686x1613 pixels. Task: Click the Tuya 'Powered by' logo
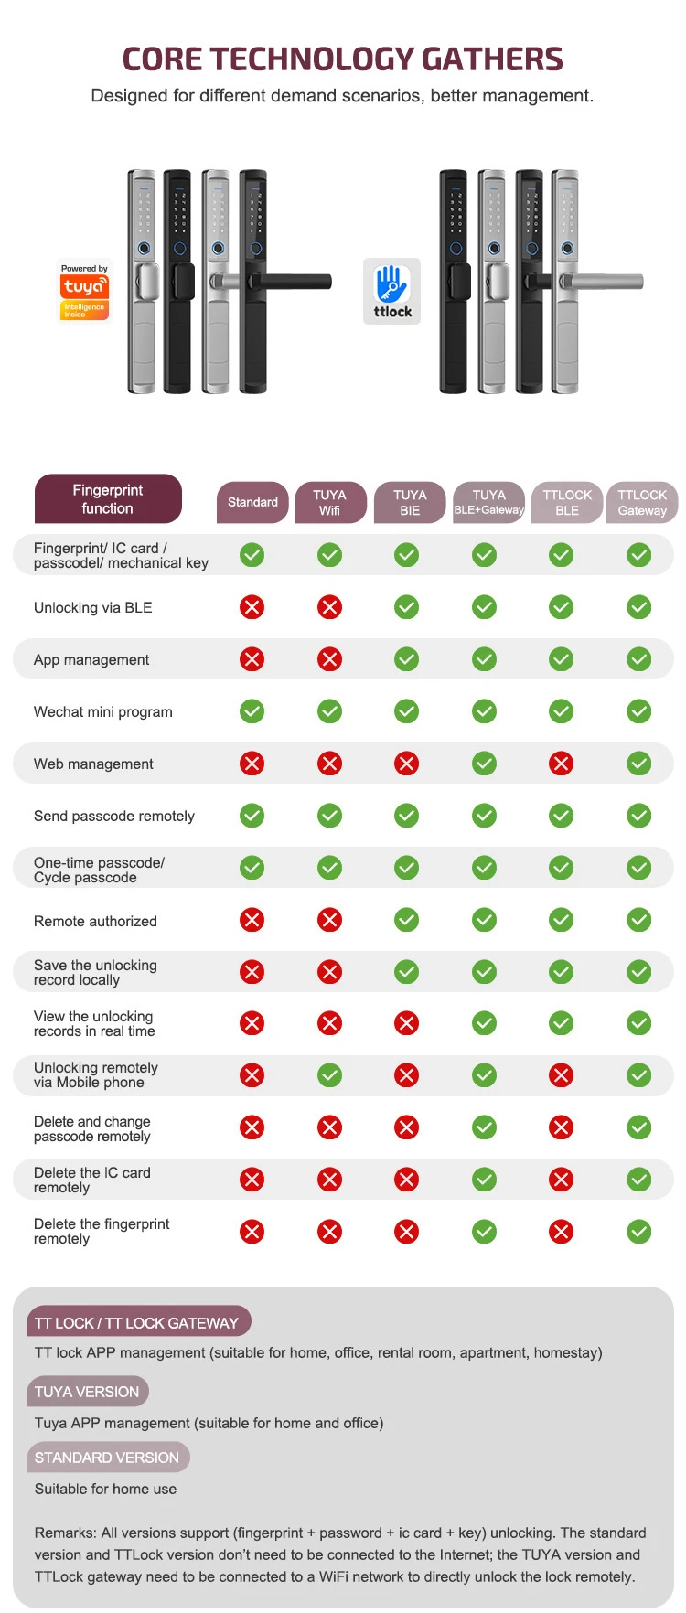coord(84,291)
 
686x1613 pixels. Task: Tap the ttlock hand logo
coord(392,291)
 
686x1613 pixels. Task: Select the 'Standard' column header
coord(252,502)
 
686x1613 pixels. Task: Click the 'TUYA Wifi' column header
coord(330,502)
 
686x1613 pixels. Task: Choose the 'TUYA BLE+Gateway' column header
coord(488,502)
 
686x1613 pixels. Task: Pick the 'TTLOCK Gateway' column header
coord(642,502)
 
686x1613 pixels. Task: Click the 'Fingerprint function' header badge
coord(108,499)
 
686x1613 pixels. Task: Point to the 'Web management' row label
coord(93,764)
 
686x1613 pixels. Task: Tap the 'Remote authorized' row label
coord(95,921)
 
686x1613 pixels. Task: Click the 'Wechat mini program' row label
coord(102,711)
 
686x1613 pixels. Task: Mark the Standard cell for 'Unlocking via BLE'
coord(252,607)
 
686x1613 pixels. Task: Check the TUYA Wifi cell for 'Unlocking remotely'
coord(329,1075)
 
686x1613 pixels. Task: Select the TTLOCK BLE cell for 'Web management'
coord(562,764)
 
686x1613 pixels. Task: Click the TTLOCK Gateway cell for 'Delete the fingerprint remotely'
coord(639,1232)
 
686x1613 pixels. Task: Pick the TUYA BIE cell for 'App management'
coord(407,659)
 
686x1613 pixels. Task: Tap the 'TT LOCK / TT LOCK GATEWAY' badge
coord(137,1322)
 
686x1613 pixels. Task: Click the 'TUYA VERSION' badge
coord(87,1392)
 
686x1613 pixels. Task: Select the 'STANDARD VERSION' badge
coord(107,1458)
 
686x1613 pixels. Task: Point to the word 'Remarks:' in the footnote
coord(65,1533)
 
